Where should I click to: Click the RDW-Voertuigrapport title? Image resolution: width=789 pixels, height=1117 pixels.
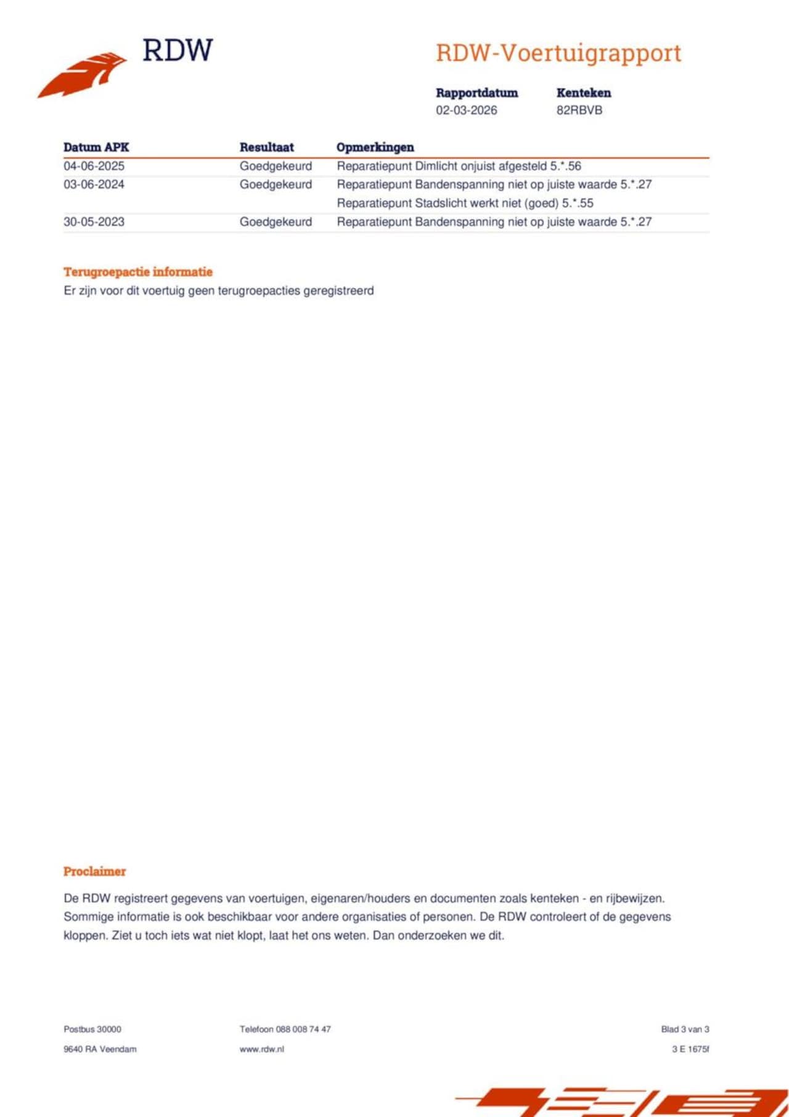pyautogui.click(x=558, y=53)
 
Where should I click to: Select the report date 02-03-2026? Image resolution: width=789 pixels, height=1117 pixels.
pyautogui.click(x=466, y=110)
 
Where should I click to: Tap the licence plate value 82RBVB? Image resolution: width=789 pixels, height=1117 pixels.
pyautogui.click(x=579, y=110)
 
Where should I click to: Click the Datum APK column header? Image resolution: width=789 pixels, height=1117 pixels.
pyautogui.click(x=96, y=147)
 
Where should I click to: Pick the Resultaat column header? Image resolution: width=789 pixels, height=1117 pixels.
pyautogui.click(x=266, y=147)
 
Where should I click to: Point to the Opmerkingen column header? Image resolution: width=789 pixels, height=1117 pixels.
pyautogui.click(x=375, y=147)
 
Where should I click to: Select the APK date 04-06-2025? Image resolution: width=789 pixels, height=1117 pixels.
pyautogui.click(x=94, y=166)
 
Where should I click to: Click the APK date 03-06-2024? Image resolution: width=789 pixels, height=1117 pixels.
pyautogui.click(x=94, y=184)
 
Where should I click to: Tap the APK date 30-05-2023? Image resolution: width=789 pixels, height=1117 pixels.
pyautogui.click(x=94, y=222)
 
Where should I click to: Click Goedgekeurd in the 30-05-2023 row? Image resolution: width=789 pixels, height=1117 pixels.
pyautogui.click(x=276, y=222)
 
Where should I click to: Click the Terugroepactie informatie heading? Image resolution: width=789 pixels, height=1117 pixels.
pyautogui.click(x=138, y=272)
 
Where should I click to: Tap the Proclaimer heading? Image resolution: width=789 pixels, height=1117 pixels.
pyautogui.click(x=94, y=871)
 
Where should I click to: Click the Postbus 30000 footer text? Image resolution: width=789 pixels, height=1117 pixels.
pyautogui.click(x=92, y=1029)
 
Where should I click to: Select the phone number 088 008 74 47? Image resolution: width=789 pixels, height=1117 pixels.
pyautogui.click(x=303, y=1029)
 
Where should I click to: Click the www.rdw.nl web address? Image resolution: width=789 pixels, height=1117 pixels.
pyautogui.click(x=262, y=1049)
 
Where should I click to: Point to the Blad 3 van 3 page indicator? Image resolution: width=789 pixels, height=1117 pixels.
pyautogui.click(x=685, y=1029)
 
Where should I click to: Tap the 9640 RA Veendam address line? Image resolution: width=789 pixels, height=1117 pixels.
pyautogui.click(x=100, y=1049)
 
